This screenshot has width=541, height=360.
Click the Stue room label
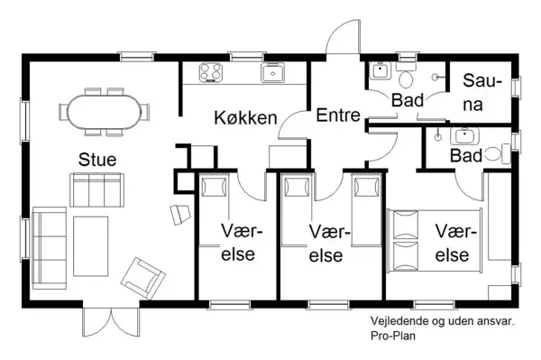pos(96,159)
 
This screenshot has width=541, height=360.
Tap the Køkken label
pos(244,118)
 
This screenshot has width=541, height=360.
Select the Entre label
pos(338,115)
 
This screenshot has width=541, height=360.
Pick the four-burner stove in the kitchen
pos(211,72)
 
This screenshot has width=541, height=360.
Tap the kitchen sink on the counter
pos(273,72)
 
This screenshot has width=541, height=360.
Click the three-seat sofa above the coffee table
pos(96,189)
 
